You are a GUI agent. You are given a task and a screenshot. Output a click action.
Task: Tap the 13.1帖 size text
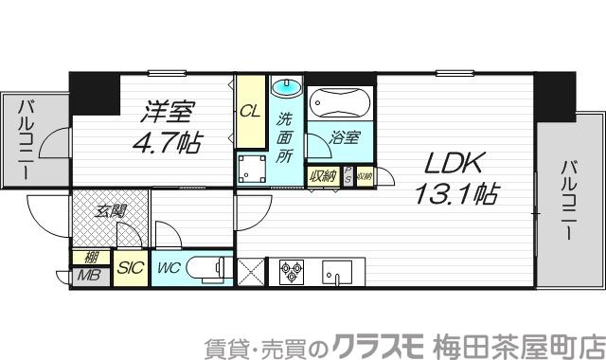click(455, 194)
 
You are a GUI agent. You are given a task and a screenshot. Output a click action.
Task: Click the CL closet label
click(249, 111)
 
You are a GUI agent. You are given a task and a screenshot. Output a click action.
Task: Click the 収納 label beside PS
click(319, 175)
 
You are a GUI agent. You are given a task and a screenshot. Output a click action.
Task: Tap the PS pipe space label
click(348, 175)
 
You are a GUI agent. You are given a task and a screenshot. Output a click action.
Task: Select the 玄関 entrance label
click(109, 211)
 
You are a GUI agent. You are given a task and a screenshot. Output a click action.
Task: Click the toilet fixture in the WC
click(208, 269)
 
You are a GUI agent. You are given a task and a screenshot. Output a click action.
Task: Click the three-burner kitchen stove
click(291, 273)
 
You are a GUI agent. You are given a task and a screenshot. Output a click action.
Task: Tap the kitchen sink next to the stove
click(335, 273)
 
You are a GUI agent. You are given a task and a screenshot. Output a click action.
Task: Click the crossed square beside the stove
click(254, 272)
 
